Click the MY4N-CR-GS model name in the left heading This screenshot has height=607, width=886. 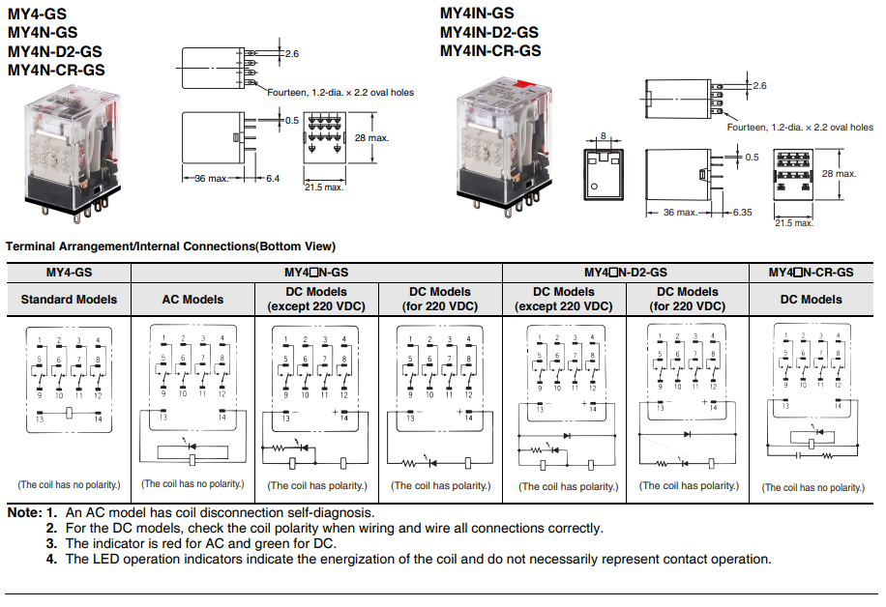pos(56,70)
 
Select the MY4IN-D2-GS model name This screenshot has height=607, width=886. pos(490,32)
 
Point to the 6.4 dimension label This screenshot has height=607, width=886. pos(273,179)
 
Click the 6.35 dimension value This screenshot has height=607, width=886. pos(743,212)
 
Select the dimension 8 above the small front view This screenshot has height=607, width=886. pos(603,136)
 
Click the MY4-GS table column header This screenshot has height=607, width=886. pos(69,274)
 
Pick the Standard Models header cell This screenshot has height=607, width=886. pos(69,300)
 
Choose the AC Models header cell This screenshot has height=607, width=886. pos(192,300)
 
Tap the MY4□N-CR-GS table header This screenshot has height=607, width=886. pos(811,274)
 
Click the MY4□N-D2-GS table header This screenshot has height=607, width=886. pos(626,274)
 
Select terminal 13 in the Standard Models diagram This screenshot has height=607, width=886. pos(40,419)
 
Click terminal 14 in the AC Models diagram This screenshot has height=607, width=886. pos(221,417)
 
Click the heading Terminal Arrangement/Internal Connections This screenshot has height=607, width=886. pos(170,246)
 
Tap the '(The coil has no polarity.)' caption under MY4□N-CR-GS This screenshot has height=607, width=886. pos(812,487)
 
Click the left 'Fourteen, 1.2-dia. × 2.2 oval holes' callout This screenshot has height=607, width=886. pos(340,93)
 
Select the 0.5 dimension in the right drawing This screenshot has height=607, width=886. pos(752,156)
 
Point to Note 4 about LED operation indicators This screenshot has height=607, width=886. pos(418,559)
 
